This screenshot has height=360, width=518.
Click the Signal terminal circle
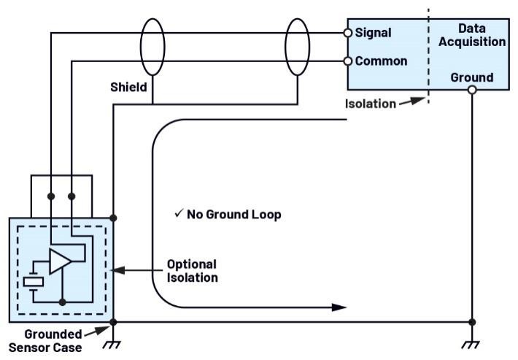[348, 33]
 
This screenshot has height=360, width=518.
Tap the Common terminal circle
[348, 61]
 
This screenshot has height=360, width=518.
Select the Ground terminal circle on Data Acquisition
[472, 89]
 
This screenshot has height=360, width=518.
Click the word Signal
[373, 33]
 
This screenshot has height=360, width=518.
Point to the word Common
[381, 61]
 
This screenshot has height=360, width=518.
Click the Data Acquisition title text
[472, 34]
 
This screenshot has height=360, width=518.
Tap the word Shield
[128, 87]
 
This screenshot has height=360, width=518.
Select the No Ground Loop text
[233, 215]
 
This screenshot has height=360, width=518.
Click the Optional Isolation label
[192, 270]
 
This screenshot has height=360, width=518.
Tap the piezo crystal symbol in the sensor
[33, 281]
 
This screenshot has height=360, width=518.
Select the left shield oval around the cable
[152, 47]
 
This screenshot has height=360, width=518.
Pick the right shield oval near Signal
[298, 47]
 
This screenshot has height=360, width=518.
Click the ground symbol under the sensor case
[113, 343]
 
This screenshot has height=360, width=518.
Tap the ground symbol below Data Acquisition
[472, 343]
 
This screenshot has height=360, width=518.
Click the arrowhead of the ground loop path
[339, 307]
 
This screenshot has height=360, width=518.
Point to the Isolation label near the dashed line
[370, 104]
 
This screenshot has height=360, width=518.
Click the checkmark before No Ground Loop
[179, 214]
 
